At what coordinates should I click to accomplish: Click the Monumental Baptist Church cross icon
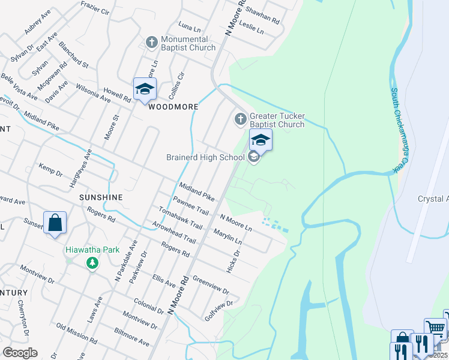coord(151,43)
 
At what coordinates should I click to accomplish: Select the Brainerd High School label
coord(205,157)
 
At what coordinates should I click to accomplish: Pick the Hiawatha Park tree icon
coord(92,263)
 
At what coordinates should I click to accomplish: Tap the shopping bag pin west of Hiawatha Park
coord(55,223)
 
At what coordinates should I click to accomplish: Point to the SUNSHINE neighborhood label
coord(101,197)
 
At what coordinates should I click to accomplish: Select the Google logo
coord(20,353)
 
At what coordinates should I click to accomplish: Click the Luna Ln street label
coord(189,26)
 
